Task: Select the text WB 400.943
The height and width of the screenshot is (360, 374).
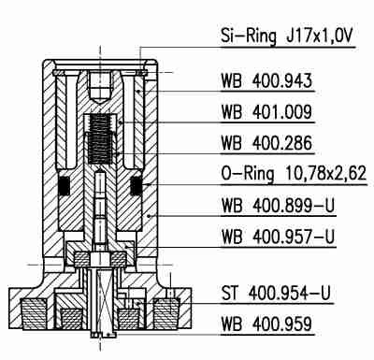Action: (266, 82)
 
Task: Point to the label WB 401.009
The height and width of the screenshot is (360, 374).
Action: (266, 113)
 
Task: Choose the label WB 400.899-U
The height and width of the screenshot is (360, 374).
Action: (278, 204)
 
